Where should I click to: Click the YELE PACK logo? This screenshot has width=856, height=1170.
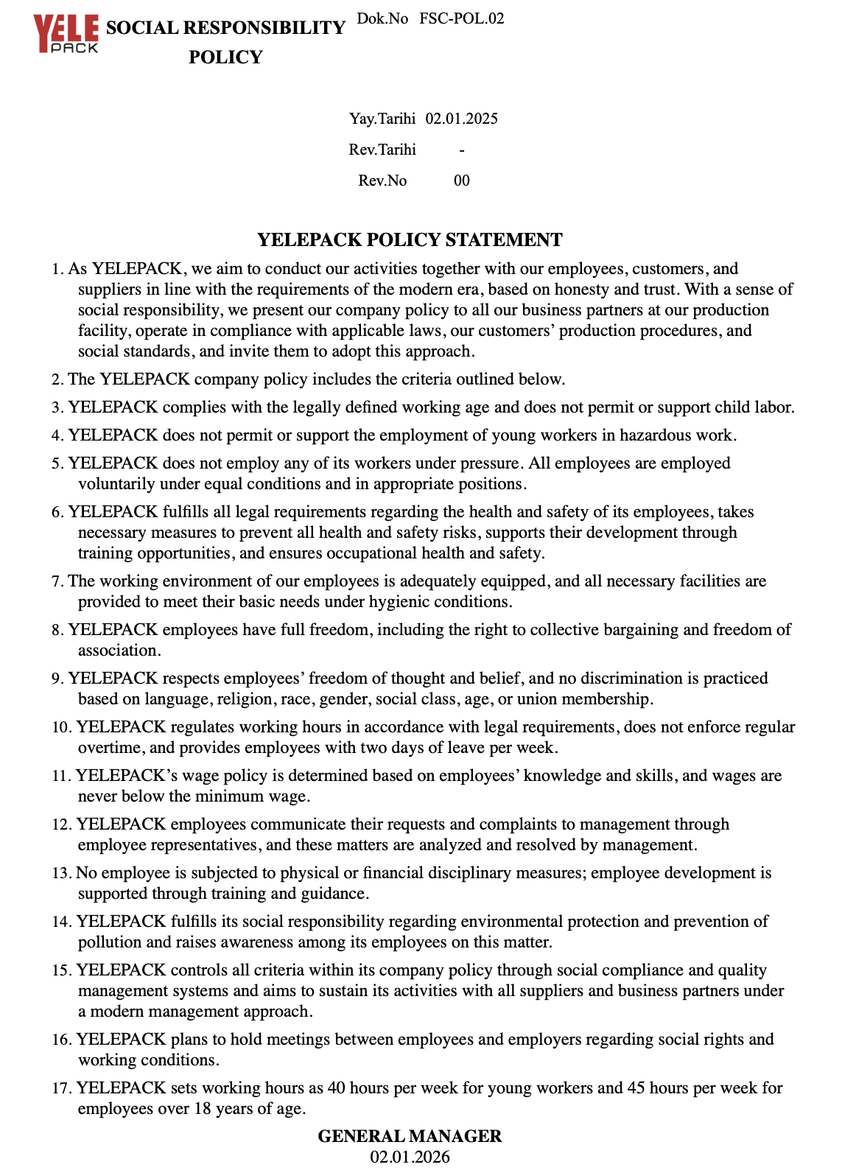click(x=66, y=34)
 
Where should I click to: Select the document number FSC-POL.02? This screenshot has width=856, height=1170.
click(x=462, y=18)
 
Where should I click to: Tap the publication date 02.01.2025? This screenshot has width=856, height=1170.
click(x=461, y=119)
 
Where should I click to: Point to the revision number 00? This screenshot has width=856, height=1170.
click(x=462, y=181)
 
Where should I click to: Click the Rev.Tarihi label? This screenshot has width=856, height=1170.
click(x=382, y=150)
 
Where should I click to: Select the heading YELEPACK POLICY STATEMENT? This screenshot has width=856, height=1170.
click(x=410, y=240)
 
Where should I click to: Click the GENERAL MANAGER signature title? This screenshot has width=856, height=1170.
click(x=410, y=1136)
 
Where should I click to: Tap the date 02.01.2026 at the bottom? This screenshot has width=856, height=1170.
click(x=410, y=1157)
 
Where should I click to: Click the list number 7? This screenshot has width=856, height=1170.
click(x=57, y=581)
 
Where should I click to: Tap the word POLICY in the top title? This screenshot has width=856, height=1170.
click(x=225, y=57)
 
